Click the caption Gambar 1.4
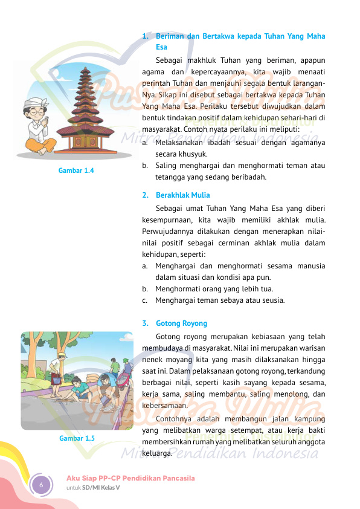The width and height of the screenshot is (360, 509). (76, 170)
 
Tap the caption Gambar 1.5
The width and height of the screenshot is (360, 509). (77, 438)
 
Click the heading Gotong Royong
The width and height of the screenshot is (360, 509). (181, 323)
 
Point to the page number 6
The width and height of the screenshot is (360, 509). (42, 485)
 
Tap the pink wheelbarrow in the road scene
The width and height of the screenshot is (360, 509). (124, 380)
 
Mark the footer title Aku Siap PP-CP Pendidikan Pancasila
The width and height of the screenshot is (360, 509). (130, 478)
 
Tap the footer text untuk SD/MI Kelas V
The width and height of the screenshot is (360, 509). (93, 488)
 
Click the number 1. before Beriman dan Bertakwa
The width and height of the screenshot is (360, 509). (145, 36)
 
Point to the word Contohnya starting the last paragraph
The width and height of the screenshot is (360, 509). (175, 419)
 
